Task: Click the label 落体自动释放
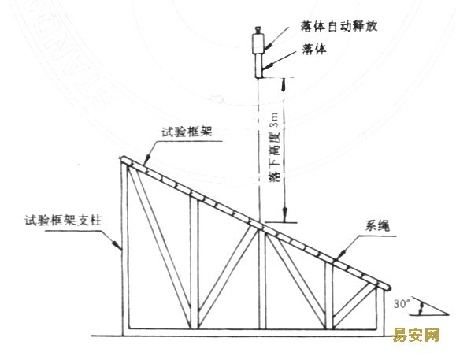coord(339,26)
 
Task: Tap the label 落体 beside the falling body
coord(314,49)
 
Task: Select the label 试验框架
coord(187,132)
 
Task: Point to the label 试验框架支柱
coord(63,220)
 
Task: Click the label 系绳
coord(377,225)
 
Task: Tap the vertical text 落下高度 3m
coord(276,147)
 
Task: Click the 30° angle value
coord(402,304)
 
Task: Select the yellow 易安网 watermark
coord(416,335)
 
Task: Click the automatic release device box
coord(258,43)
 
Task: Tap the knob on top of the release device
coord(258,30)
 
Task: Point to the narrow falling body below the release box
coord(259,65)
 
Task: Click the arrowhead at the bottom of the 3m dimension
coord(285,213)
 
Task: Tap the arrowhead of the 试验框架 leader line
coord(147,159)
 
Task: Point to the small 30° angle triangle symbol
coord(428,306)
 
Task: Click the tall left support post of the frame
coord(125,249)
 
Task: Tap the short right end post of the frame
coord(380,310)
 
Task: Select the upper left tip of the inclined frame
coord(120,158)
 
